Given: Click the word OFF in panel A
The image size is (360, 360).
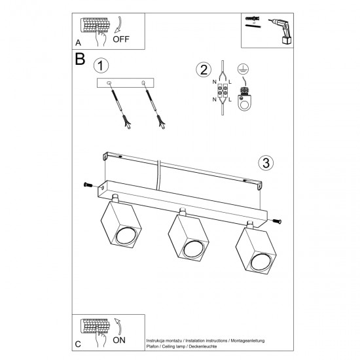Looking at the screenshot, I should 121,39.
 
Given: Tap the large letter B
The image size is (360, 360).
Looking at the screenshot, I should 80,59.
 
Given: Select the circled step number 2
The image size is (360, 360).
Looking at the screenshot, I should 204,70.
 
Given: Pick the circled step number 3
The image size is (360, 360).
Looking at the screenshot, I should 264,162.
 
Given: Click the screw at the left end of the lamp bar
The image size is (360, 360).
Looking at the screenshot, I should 87,185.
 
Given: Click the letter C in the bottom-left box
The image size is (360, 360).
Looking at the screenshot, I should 79,344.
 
